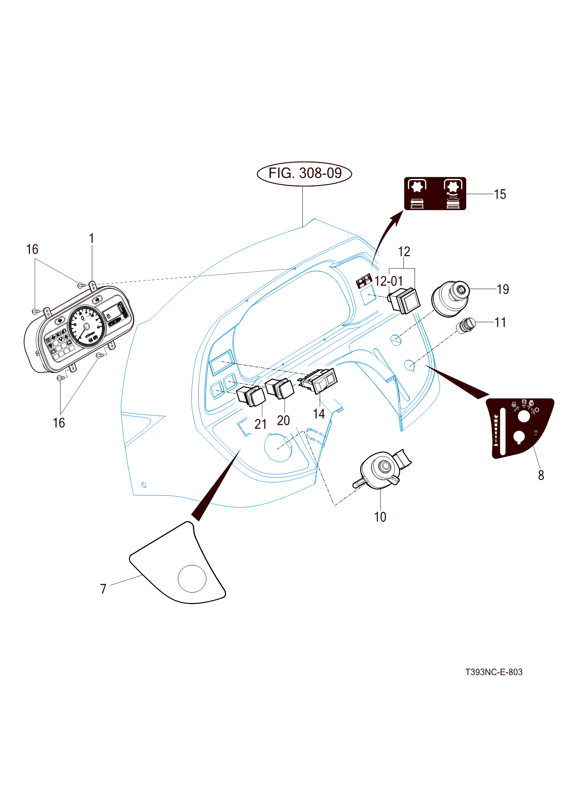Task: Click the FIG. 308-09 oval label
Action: (304, 173)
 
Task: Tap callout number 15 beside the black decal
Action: (499, 194)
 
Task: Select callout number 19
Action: (502, 289)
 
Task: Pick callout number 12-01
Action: (389, 281)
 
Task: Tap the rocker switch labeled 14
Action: (320, 380)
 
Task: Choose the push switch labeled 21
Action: (251, 396)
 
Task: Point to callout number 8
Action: (541, 475)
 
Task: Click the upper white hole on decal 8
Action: (523, 416)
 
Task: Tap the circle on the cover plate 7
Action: (192, 578)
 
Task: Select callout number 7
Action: (103, 589)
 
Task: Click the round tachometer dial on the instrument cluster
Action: (86, 326)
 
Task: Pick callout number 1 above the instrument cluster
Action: (91, 239)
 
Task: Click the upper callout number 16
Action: (32, 249)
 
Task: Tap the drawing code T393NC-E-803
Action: (493, 672)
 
